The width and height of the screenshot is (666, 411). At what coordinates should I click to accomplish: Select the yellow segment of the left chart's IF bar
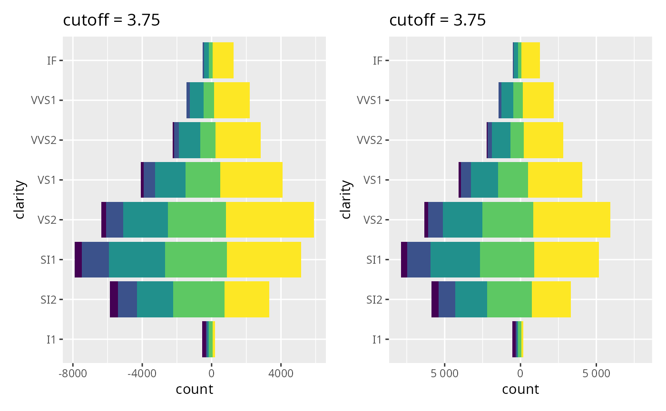223,60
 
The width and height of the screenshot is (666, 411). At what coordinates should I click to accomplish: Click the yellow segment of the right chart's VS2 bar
571,220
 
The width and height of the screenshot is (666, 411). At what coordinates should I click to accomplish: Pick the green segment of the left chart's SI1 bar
196,259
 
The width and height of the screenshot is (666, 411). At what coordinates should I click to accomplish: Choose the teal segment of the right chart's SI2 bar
471,299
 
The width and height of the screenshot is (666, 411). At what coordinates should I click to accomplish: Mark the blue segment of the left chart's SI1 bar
95,259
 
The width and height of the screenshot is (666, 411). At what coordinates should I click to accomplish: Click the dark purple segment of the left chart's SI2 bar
114,299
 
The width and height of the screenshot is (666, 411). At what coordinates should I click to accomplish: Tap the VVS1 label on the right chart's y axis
369,100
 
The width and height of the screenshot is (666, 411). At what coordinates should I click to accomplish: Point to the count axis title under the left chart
194,390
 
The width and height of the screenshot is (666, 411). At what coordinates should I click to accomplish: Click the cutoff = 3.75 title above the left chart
111,20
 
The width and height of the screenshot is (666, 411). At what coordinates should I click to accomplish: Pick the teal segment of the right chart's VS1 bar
484,180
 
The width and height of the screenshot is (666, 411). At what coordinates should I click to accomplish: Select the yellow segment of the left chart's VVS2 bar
238,140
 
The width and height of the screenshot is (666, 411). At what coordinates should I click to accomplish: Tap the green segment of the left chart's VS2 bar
196,220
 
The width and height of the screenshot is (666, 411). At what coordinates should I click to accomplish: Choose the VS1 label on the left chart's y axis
48,180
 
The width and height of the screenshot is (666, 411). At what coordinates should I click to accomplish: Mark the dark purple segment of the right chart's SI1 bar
404,259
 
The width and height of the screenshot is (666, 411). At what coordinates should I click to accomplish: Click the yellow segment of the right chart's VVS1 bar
538,100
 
